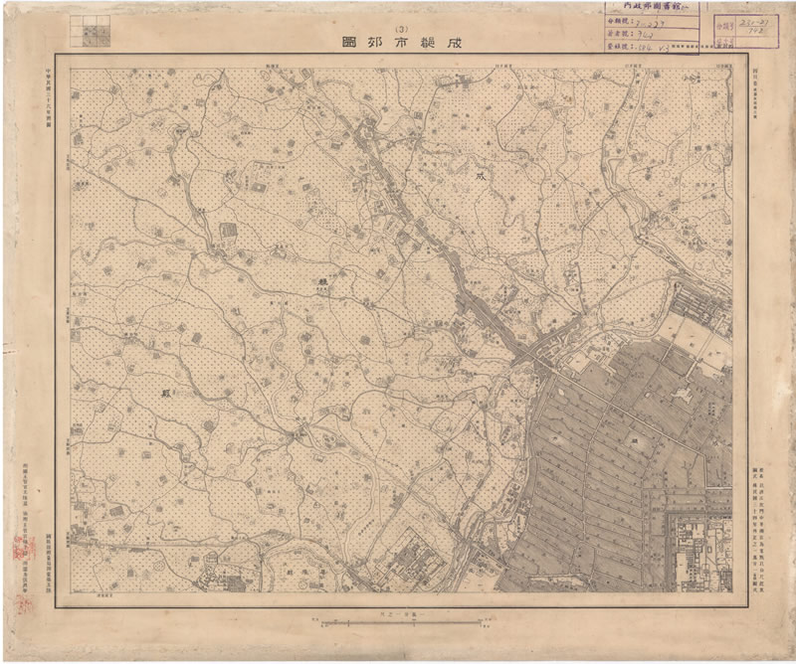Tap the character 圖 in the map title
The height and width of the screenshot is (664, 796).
pos(348,43)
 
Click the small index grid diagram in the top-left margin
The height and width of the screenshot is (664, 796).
pos(91,31)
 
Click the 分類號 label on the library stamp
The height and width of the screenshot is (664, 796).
pos(618,19)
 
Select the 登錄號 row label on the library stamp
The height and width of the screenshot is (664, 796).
pos(618,46)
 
